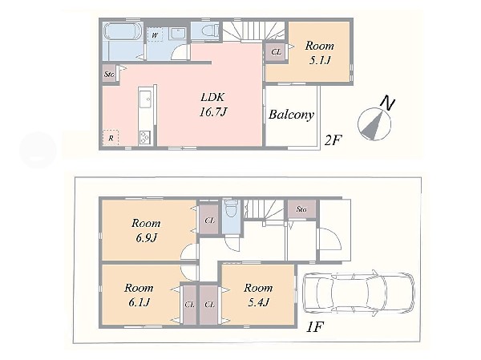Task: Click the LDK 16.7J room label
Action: click(213, 105)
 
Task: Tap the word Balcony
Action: click(292, 115)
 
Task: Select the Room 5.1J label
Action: click(319, 53)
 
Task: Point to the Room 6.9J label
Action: click(146, 230)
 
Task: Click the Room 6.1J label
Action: click(139, 295)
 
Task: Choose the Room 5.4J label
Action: click(258, 295)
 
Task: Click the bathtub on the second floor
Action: click(123, 31)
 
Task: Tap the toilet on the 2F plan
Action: click(210, 30)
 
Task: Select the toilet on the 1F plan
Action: click(232, 208)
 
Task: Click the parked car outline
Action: click(358, 293)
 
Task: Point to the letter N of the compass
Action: click(387, 103)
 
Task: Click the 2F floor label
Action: click(333, 140)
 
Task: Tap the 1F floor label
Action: click(315, 327)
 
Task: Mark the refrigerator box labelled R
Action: click(111, 138)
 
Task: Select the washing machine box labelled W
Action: click(155, 34)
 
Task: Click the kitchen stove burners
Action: click(145, 137)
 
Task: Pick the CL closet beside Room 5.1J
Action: click(276, 52)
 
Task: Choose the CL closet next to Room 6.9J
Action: click(209, 220)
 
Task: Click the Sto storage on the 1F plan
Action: click(301, 209)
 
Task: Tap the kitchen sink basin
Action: click(145, 99)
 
